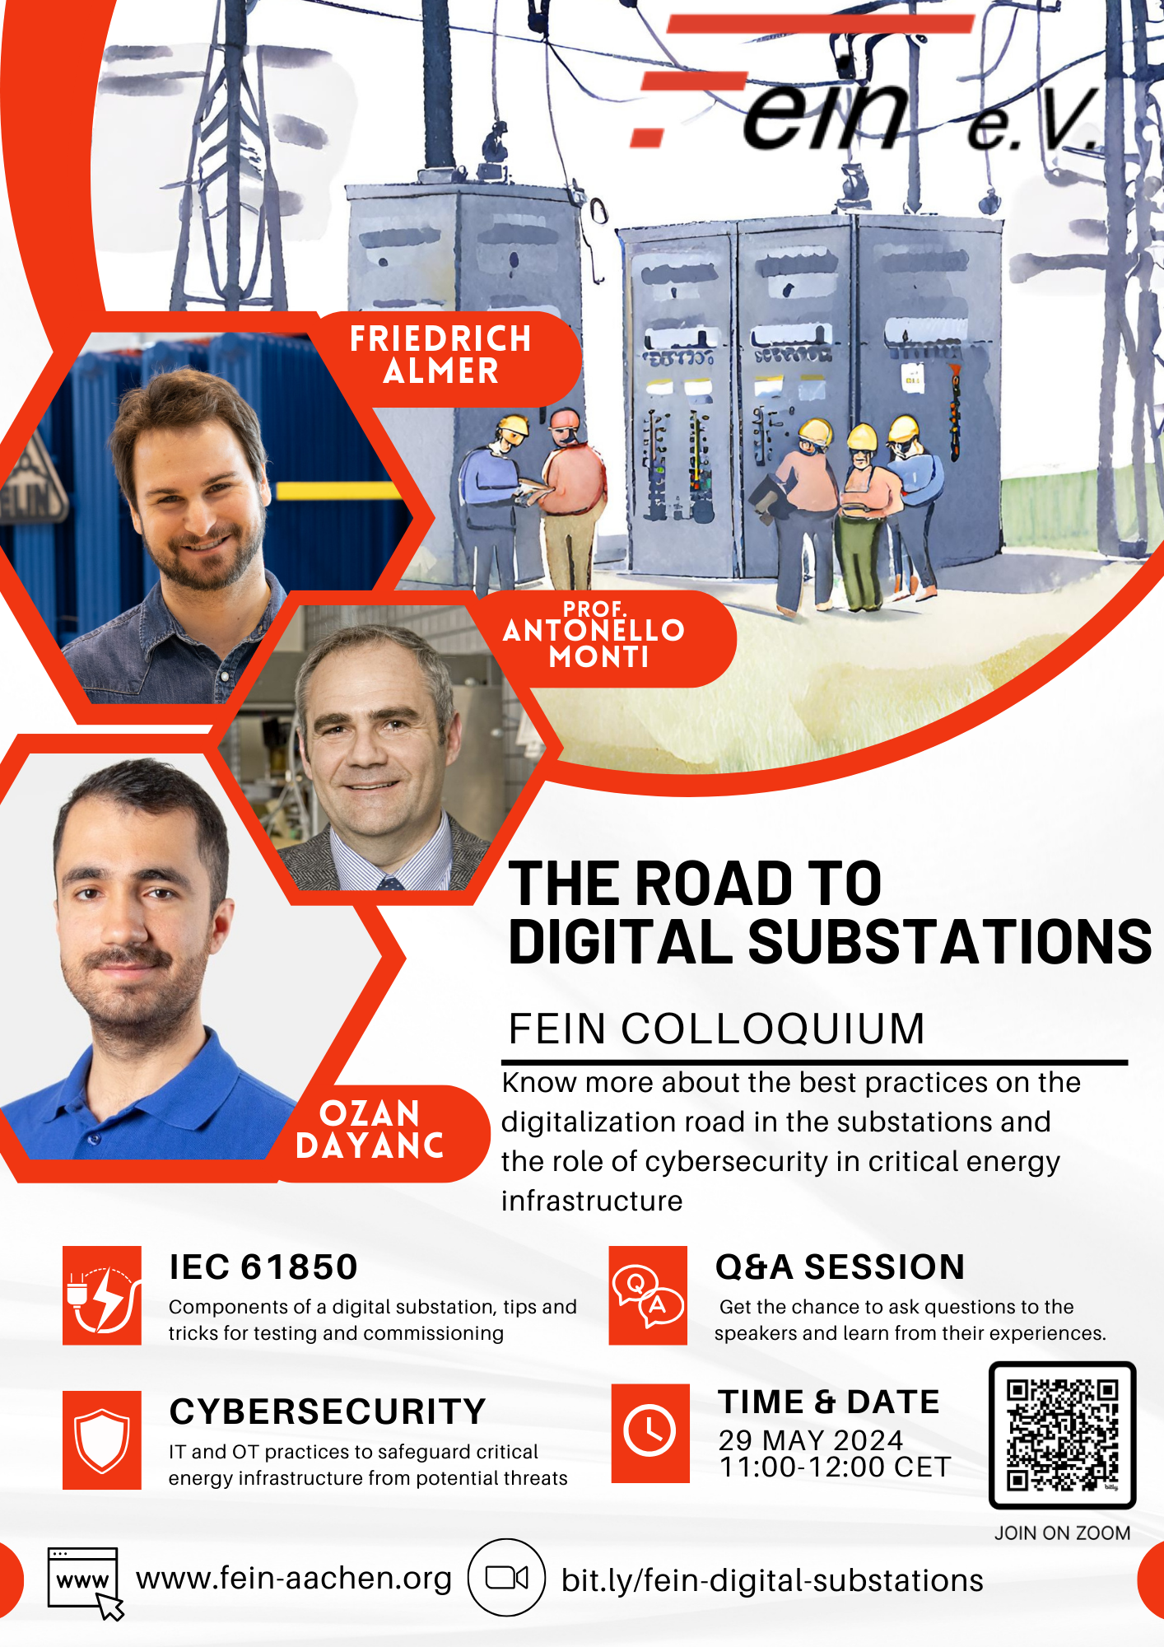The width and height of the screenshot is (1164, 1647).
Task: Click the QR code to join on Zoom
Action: point(1062,1435)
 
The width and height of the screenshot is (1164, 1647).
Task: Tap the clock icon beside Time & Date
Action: point(650,1433)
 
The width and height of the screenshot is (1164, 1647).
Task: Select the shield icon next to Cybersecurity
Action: point(101,1440)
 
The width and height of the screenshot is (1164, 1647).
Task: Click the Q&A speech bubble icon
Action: point(648,1295)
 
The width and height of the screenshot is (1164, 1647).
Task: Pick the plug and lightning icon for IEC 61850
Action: point(101,1295)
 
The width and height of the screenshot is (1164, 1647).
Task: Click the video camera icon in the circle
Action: point(506,1578)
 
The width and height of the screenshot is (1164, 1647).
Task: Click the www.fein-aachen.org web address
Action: point(294,1578)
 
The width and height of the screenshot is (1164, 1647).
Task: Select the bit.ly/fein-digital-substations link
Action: point(771,1580)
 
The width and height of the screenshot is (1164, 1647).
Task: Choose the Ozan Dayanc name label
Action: point(370,1130)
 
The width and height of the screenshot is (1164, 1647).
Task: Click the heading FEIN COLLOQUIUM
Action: point(715,1029)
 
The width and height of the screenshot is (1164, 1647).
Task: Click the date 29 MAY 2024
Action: point(810,1439)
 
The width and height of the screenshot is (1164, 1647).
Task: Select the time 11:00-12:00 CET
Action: point(835,1467)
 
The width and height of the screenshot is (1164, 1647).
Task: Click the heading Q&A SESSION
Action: point(839,1267)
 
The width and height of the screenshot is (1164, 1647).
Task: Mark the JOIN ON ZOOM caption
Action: point(1062,1533)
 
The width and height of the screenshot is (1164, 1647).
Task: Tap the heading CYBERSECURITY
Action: point(328,1411)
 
